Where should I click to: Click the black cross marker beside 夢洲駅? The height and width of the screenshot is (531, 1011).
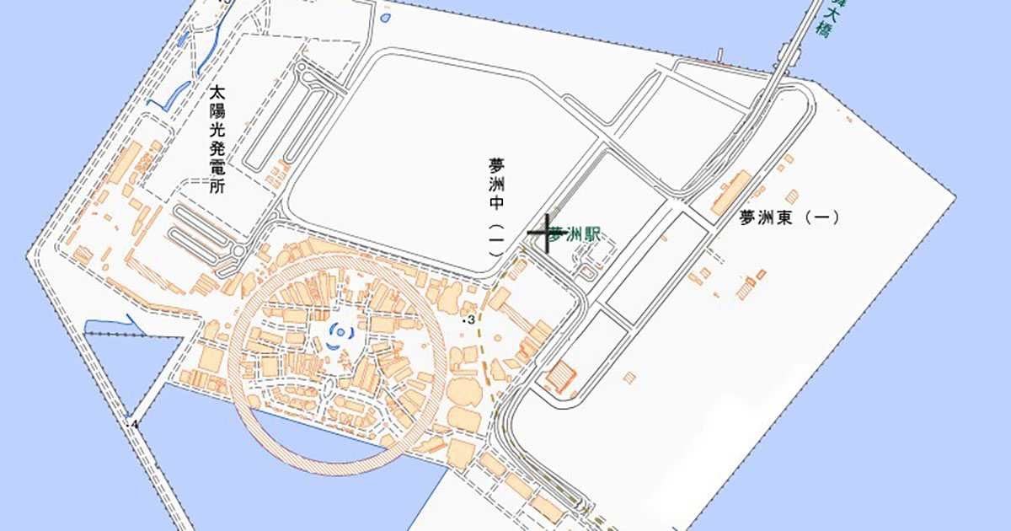click(546, 232)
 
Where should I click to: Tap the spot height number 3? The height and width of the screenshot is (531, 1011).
click(472, 320)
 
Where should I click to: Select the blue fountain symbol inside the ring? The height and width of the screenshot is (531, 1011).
click(338, 335)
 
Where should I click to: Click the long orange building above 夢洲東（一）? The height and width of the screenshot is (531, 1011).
click(730, 192)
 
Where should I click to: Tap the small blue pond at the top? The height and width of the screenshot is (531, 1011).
click(385, 16)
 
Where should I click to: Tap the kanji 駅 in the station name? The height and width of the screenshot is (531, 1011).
click(593, 235)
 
